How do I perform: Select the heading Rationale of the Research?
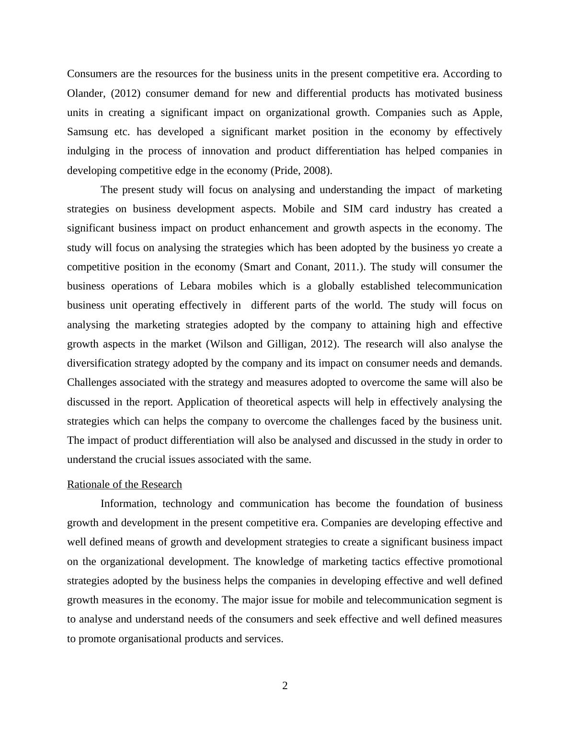click(125, 484)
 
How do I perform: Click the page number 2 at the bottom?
click(285, 686)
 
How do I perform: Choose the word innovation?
click(225, 151)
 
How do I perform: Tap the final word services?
click(263, 639)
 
